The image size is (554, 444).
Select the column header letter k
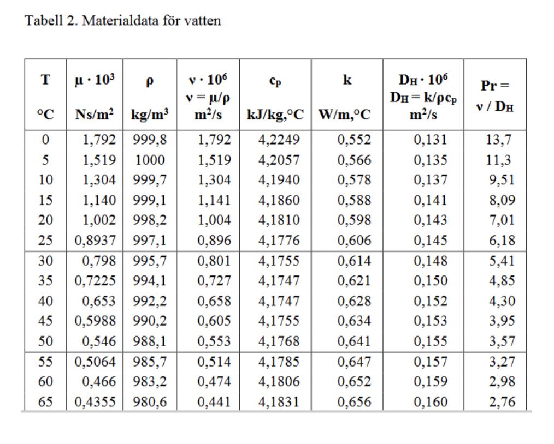tap(347, 80)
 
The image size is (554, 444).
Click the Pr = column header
tap(494, 86)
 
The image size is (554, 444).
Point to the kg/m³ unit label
tap(150, 115)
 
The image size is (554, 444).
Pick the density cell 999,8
tap(149, 140)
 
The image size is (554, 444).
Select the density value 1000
tap(150, 160)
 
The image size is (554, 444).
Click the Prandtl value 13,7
tap(498, 140)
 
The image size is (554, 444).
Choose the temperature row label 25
tap(45, 241)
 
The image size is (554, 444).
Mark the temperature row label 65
tap(45, 402)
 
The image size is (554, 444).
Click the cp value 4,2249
tap(279, 140)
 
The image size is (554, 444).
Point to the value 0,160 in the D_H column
tap(430, 402)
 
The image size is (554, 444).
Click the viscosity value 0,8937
tap(95, 241)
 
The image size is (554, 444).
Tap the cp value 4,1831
tap(279, 402)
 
